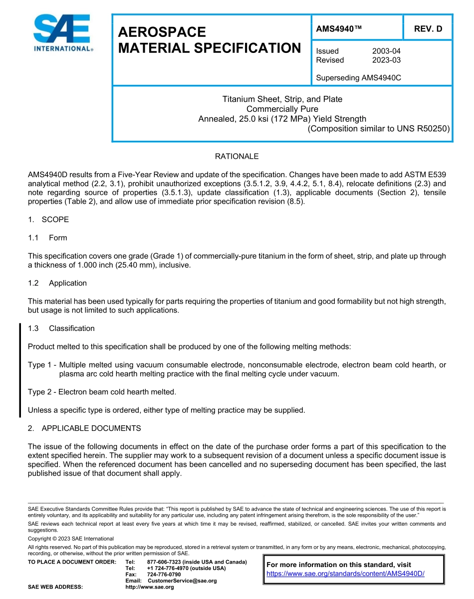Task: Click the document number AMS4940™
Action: [x=339, y=29]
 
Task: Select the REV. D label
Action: [x=428, y=29]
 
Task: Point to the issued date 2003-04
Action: [x=386, y=51]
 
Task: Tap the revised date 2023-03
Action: [x=386, y=60]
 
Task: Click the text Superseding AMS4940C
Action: [x=359, y=78]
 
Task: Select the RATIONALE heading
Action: [x=237, y=156]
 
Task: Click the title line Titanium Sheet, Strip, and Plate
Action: [x=282, y=99]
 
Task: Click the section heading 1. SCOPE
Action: [x=48, y=220]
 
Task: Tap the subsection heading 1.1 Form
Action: [x=47, y=238]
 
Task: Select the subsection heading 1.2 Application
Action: [x=57, y=283]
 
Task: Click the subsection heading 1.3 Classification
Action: [x=61, y=328]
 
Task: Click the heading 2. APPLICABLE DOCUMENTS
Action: [x=84, y=428]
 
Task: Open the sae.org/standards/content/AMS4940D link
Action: [x=345, y=574]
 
